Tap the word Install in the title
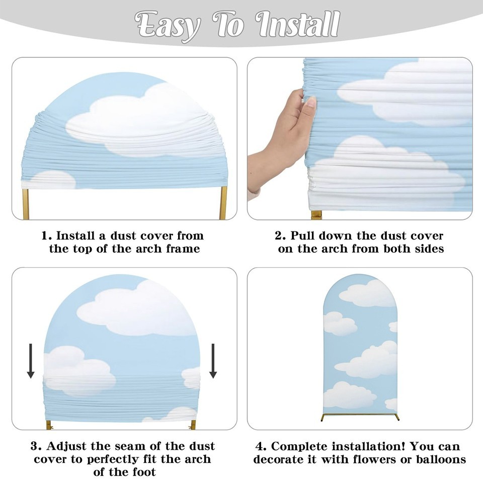[298, 24]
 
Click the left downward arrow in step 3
[31, 361]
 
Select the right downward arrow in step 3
[213, 361]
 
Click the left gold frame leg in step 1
[26, 204]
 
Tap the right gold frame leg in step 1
[223, 203]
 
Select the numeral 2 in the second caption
[280, 236]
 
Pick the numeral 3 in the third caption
[36, 446]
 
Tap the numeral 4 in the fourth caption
[261, 446]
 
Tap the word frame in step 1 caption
[183, 249]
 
